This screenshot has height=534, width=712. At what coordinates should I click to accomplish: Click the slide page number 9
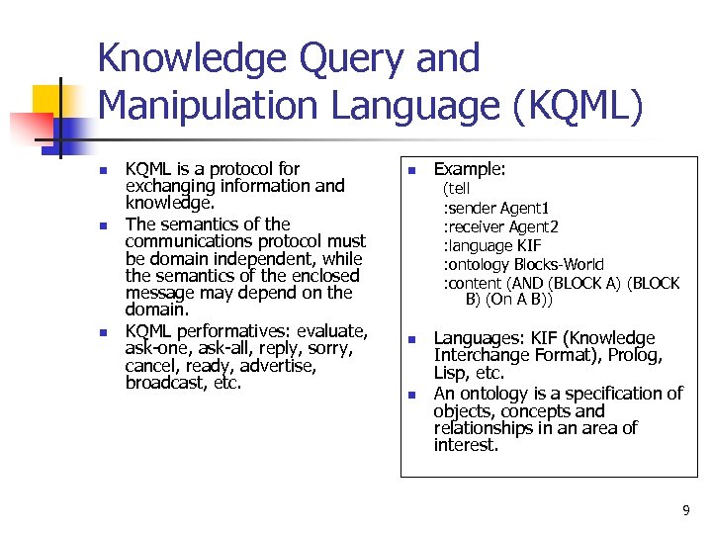tap(685, 510)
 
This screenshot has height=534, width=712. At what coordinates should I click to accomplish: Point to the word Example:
tap(470, 169)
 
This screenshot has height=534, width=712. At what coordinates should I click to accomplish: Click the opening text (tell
tap(457, 189)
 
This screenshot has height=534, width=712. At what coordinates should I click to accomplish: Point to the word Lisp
tap(450, 374)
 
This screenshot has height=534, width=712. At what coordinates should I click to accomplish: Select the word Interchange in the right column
tap(479, 356)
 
